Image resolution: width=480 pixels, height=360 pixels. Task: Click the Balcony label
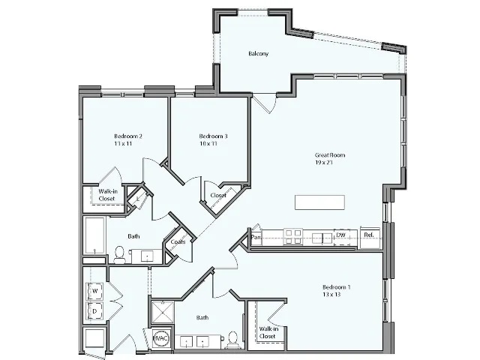pos(258,54)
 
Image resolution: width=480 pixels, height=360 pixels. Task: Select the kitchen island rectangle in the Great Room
pos(319,202)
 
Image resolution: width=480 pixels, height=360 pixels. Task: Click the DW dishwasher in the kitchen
pos(340,236)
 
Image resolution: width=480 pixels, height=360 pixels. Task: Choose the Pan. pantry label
pos(256,237)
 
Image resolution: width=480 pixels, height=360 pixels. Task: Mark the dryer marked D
pos(96,310)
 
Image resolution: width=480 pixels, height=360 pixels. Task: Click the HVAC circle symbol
pos(160,339)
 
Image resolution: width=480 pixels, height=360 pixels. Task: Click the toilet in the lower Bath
pos(234,340)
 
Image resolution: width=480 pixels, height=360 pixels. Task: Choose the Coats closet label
pos(178,242)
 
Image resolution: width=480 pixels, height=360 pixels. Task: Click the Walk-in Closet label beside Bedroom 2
pos(107,195)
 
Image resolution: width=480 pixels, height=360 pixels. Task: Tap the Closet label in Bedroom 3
pos(218,195)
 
